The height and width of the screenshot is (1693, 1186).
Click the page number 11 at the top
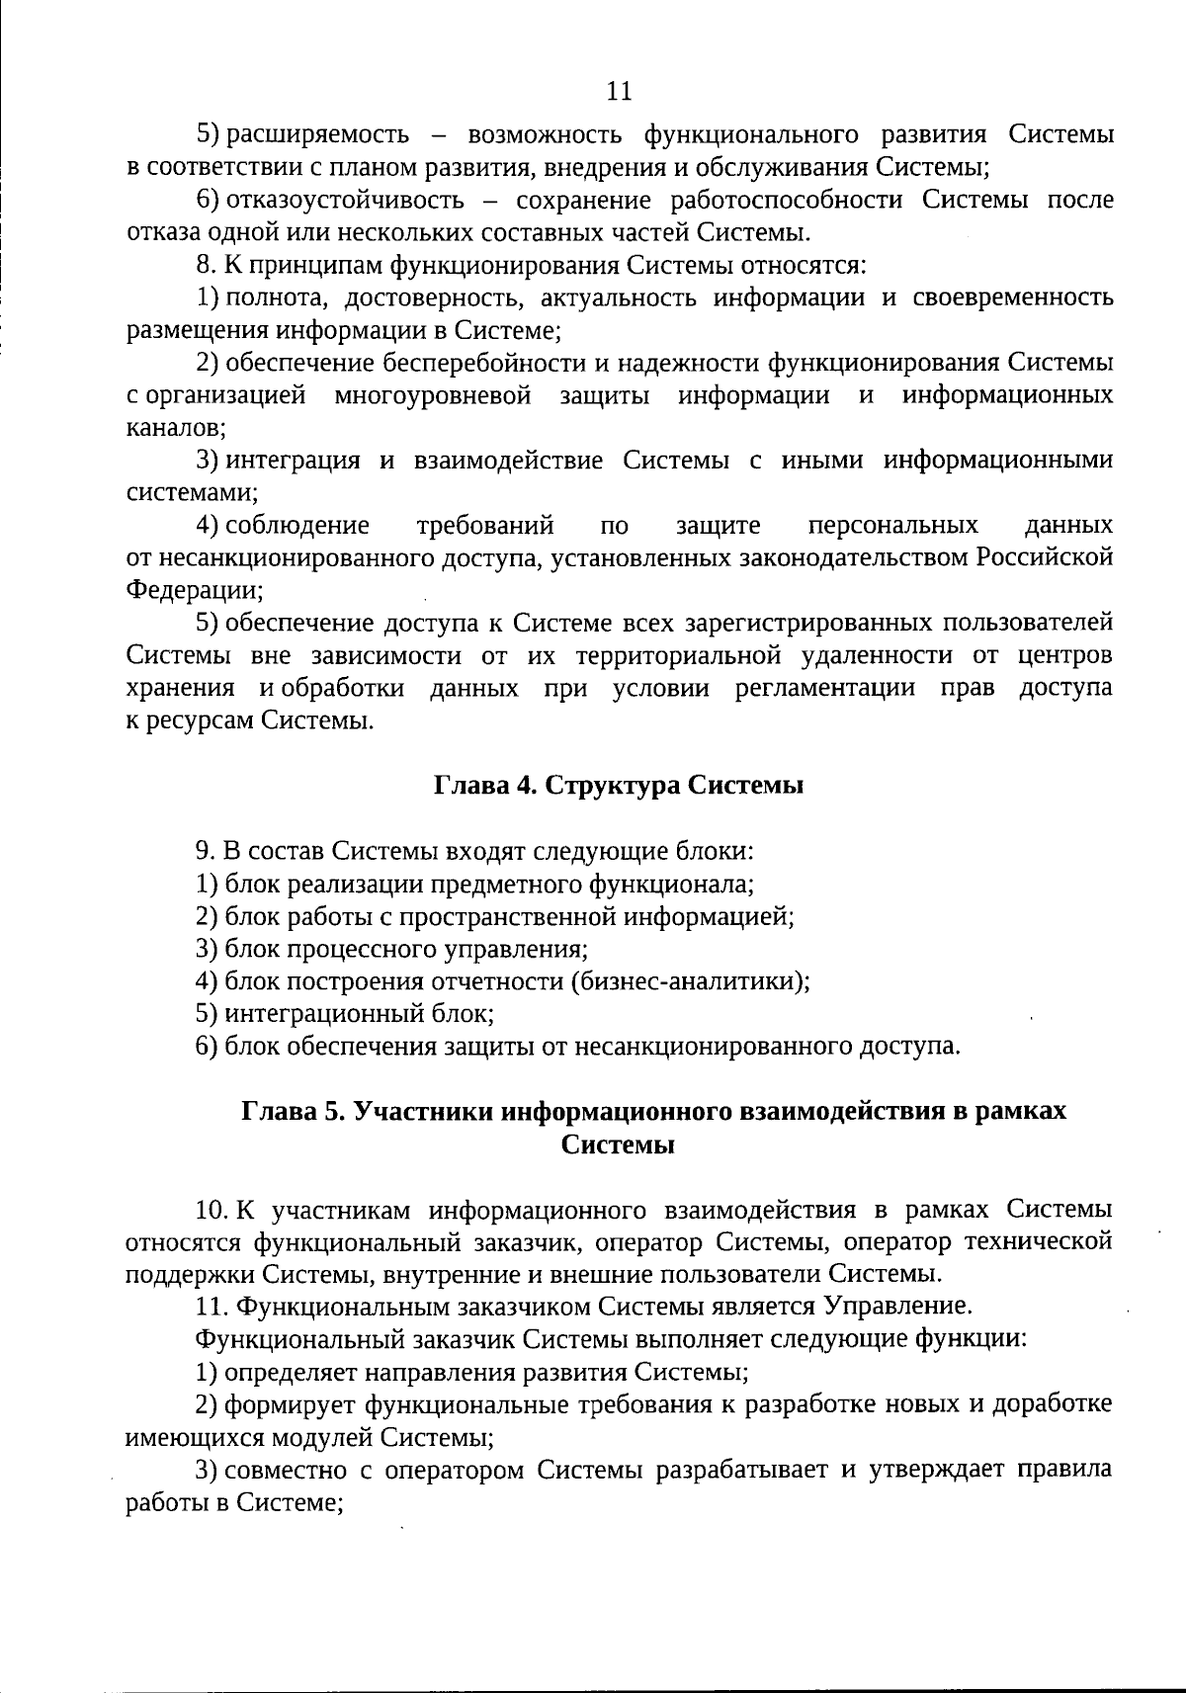(x=618, y=91)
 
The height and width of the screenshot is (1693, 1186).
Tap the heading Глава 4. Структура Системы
(x=618, y=786)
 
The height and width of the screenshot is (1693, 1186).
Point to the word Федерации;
(x=195, y=591)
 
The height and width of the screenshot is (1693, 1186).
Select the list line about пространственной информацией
(x=495, y=916)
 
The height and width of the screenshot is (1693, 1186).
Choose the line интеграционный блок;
(x=345, y=1014)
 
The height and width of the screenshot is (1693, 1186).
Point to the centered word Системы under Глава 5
(x=618, y=1144)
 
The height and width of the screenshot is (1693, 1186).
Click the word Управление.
(x=895, y=1307)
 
